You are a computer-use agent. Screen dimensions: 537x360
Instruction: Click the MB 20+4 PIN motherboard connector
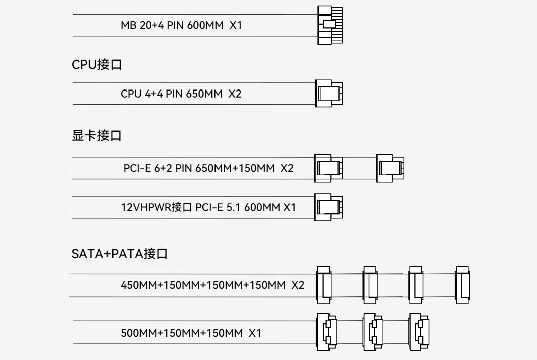(x=330, y=25)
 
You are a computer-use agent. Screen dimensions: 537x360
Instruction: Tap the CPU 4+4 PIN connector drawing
(x=329, y=93)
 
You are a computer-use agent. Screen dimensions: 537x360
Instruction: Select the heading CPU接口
(x=96, y=64)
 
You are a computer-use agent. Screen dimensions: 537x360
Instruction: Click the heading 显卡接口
(x=96, y=135)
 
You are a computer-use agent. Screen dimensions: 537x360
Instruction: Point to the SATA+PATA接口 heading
(x=120, y=254)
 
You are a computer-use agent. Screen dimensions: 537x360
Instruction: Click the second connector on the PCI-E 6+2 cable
(x=390, y=168)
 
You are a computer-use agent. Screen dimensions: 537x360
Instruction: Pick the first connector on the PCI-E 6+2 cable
(x=328, y=168)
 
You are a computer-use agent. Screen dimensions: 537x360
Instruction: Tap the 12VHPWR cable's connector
(x=328, y=207)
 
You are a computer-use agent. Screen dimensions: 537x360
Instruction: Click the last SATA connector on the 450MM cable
(x=462, y=285)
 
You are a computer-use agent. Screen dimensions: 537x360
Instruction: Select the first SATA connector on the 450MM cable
(x=324, y=285)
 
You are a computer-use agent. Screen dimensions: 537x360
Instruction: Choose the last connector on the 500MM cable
(x=419, y=332)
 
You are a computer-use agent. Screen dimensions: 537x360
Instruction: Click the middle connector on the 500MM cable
(x=373, y=332)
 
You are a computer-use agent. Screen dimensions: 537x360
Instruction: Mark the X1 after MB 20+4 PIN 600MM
(x=236, y=25)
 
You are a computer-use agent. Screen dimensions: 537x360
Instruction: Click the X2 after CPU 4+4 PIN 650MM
(x=235, y=94)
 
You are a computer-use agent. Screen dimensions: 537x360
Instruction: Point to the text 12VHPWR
(x=146, y=207)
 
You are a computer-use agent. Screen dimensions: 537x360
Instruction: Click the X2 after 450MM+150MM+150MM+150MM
(x=298, y=285)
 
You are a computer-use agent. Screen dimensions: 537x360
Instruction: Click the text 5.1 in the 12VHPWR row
(x=233, y=207)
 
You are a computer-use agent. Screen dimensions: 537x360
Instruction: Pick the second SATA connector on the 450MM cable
(x=370, y=285)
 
